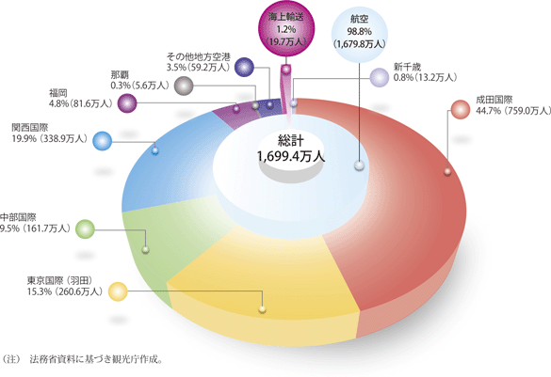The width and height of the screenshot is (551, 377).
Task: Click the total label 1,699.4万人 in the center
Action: click(291, 156)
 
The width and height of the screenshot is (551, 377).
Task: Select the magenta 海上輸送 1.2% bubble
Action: click(286, 29)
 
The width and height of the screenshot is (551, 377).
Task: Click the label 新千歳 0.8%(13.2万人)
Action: click(425, 72)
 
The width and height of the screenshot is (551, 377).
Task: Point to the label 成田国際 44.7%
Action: click(513, 105)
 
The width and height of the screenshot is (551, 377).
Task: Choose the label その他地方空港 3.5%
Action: click(198, 62)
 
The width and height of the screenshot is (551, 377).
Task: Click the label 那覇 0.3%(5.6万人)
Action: click(139, 80)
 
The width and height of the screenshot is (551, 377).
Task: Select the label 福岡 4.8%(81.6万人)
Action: click(80, 98)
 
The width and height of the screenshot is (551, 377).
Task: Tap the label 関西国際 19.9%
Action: click(49, 133)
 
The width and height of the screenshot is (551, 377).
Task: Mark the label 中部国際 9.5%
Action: click(35, 223)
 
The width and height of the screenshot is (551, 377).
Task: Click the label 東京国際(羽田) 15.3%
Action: click(65, 286)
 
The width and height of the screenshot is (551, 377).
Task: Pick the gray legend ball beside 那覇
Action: click(184, 86)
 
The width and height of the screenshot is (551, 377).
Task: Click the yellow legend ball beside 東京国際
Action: click(118, 291)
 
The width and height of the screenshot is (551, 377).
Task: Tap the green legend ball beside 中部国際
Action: click(85, 229)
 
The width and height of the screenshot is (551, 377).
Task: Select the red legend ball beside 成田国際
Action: click(461, 109)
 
